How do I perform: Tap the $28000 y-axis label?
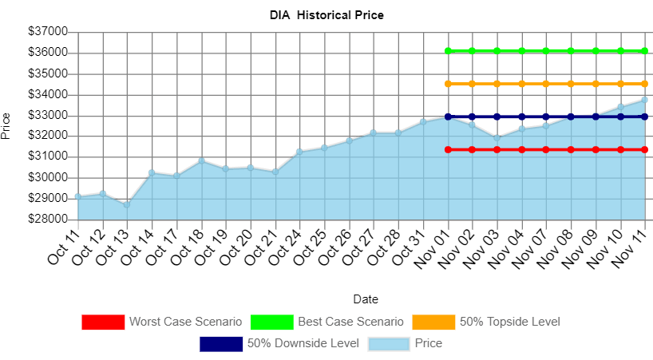[x=48, y=219]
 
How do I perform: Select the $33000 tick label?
[x=48, y=115]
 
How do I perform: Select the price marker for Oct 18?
[x=201, y=160]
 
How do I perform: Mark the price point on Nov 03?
[x=497, y=137]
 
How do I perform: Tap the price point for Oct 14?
[x=152, y=172]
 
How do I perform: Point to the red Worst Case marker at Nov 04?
[x=522, y=149]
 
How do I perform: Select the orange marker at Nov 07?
[x=547, y=83]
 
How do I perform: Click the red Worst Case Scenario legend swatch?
[x=103, y=322]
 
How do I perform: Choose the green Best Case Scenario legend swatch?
[x=272, y=322]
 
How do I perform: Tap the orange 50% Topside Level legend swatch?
[x=433, y=322]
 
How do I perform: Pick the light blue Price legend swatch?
[x=389, y=344]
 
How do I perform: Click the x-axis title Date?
[x=366, y=299]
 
